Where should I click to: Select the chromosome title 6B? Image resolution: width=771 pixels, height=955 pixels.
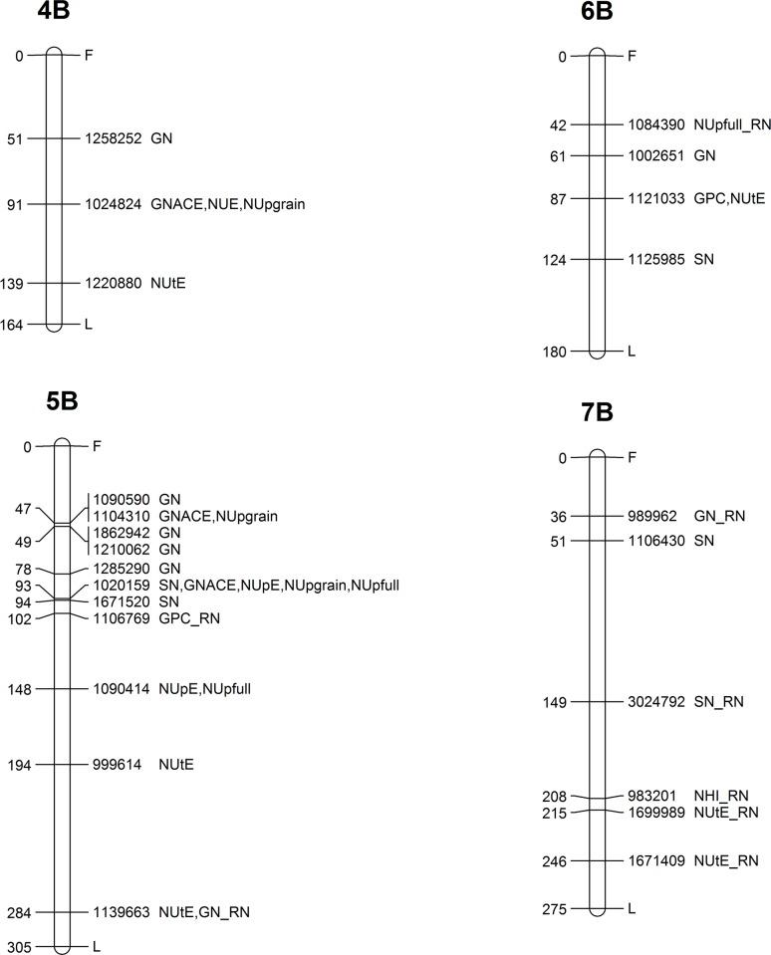click(x=595, y=13)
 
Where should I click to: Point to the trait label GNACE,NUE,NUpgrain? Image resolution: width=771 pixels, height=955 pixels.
click(x=228, y=204)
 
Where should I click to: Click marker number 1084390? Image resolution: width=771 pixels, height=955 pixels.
click(x=656, y=124)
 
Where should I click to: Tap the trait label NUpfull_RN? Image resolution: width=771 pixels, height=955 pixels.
click(x=732, y=124)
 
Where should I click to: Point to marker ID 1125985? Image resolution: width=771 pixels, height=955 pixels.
click(x=656, y=260)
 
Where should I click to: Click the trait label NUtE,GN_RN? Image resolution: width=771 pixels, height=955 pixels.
click(x=203, y=912)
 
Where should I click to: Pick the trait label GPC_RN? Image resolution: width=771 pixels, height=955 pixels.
click(x=189, y=619)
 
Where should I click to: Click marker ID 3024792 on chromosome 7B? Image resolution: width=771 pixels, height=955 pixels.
click(x=656, y=702)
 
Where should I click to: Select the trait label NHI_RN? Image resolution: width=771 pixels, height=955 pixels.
click(x=723, y=796)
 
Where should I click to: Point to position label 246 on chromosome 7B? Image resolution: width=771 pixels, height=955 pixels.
click(x=554, y=860)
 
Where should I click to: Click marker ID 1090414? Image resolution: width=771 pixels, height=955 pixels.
click(x=122, y=688)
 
